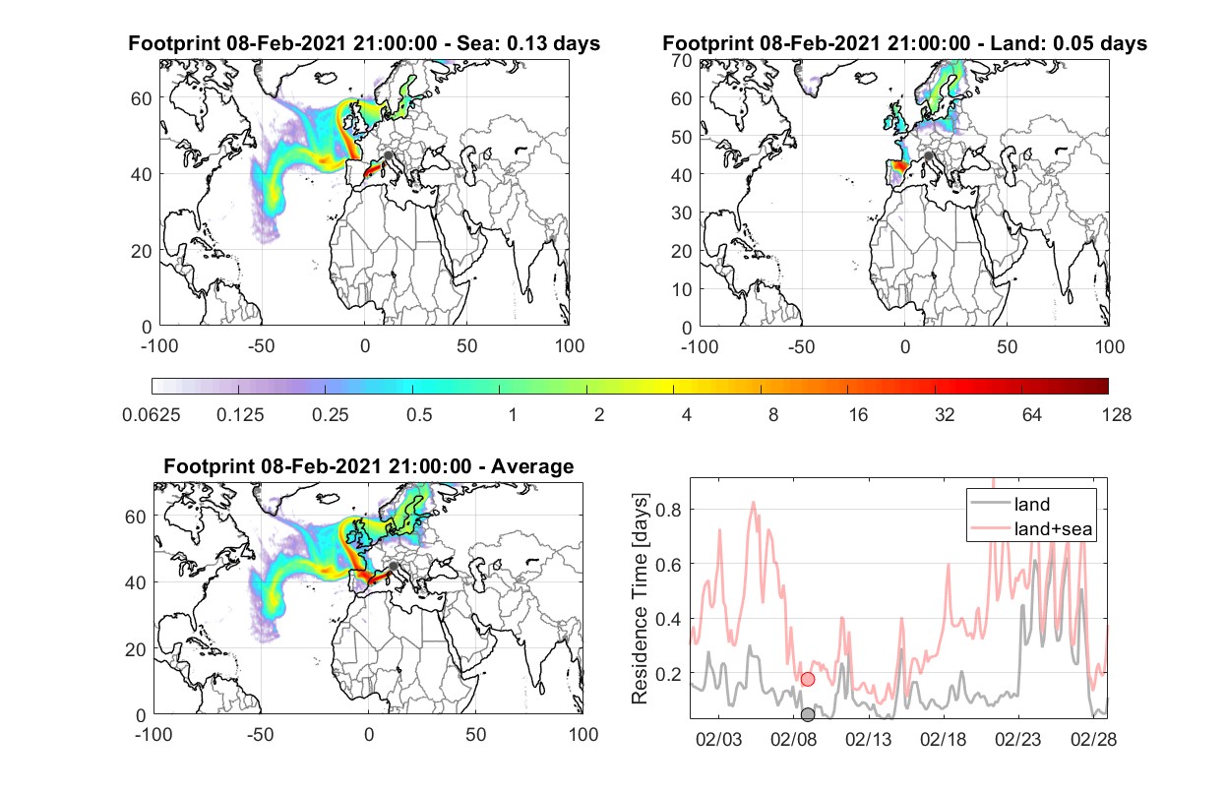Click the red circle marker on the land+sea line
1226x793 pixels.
pyautogui.click(x=807, y=679)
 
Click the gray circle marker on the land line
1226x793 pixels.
pyautogui.click(x=807, y=714)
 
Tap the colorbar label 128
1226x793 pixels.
pyautogui.click(x=1116, y=415)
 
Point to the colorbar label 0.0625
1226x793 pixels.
pyautogui.click(x=152, y=415)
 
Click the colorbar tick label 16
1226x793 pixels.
pyautogui.click(x=858, y=415)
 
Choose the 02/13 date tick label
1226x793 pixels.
pyautogui.click(x=868, y=739)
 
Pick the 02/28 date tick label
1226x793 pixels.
pyautogui.click(x=1093, y=739)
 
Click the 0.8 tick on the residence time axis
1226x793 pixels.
pyautogui.click(x=668, y=510)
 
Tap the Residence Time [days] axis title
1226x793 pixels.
pyautogui.click(x=640, y=598)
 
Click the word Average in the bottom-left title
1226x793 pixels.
pyautogui.click(x=532, y=466)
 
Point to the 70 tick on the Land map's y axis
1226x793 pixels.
pyautogui.click(x=682, y=60)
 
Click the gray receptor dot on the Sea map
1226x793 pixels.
pyautogui.click(x=388, y=155)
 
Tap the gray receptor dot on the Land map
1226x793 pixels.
pyautogui.click(x=928, y=156)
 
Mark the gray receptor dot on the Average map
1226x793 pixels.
pyautogui.click(x=393, y=566)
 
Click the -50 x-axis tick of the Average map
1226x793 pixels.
pyautogui.click(x=260, y=734)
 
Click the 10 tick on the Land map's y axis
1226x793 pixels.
pyautogui.click(x=682, y=289)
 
